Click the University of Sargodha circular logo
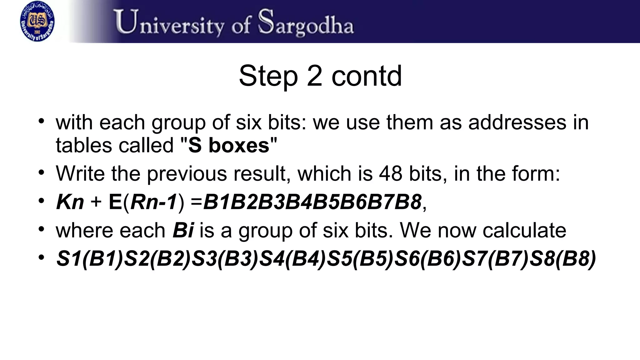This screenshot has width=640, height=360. [37, 21]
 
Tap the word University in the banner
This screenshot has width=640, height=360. [169, 22]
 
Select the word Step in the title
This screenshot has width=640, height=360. [268, 76]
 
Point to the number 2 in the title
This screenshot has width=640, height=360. [314, 76]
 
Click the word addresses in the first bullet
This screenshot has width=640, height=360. [517, 122]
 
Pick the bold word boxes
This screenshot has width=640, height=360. [239, 146]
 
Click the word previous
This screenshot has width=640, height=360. [187, 173]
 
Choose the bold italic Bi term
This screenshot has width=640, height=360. [183, 231]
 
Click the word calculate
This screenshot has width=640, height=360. [524, 231]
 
